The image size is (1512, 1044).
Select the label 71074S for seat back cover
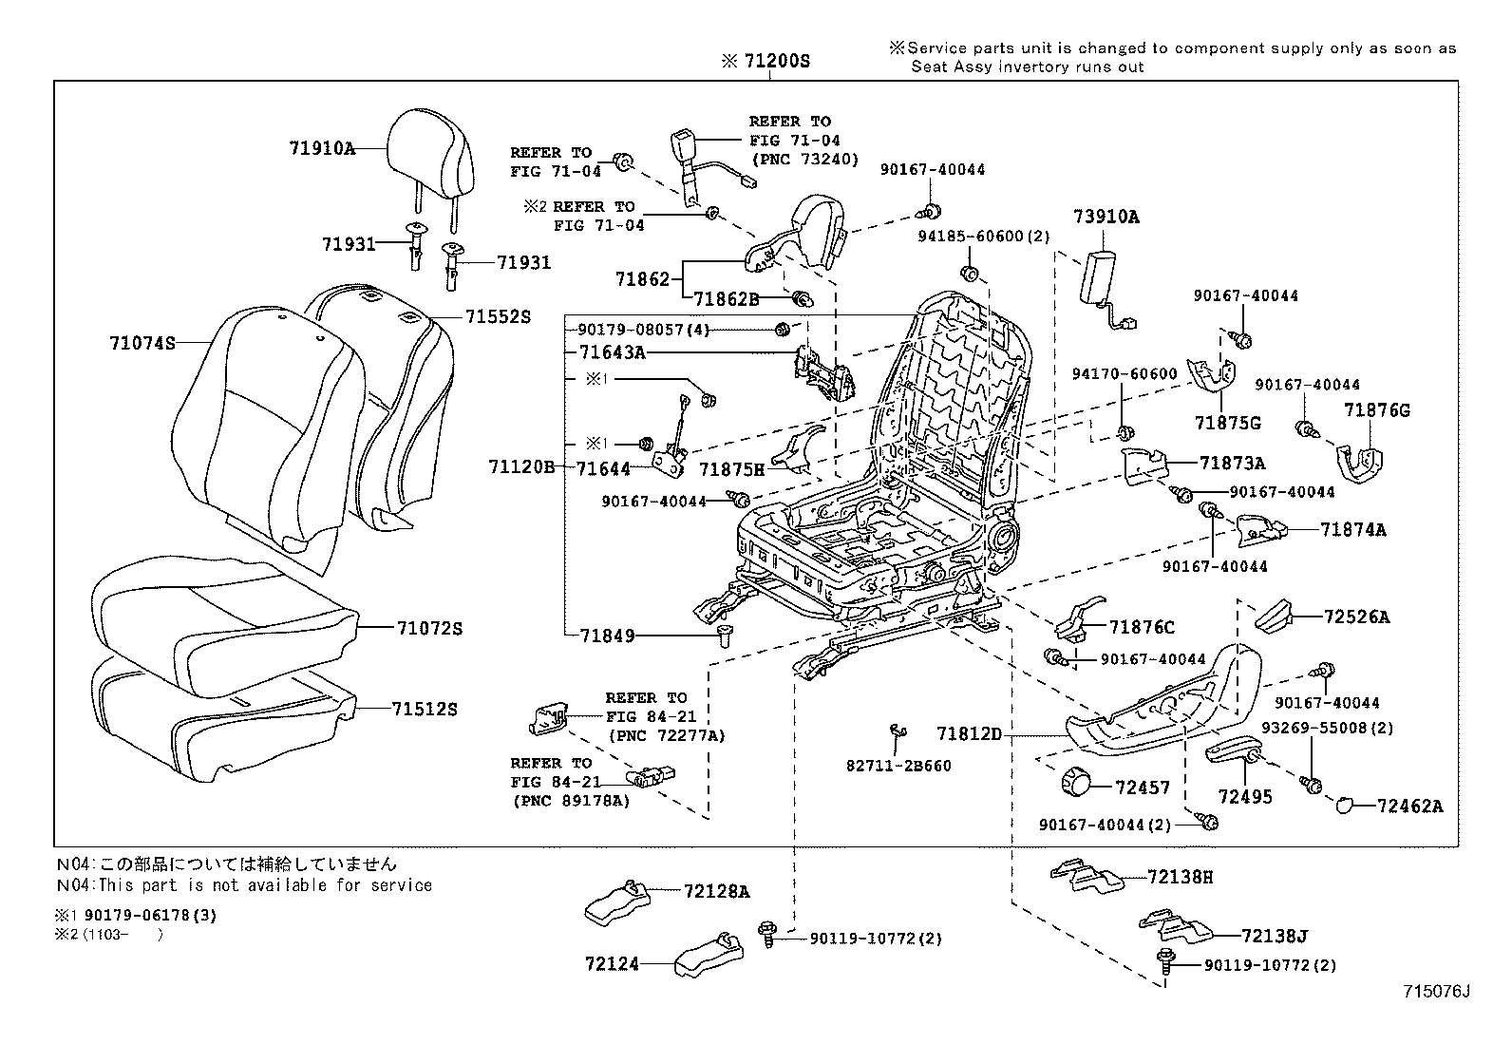(142, 343)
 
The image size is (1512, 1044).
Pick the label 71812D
(969, 733)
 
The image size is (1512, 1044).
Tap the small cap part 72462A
(1346, 806)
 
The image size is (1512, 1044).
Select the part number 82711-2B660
(898, 766)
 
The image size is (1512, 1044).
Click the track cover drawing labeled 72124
(707, 957)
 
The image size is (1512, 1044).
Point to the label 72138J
(1274, 937)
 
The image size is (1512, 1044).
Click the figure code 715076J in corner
(1436, 992)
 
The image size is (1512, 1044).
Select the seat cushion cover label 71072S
(429, 629)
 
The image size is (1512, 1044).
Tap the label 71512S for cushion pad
(425, 709)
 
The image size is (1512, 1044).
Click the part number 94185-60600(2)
(984, 237)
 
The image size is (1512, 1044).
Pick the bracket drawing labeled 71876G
(1357, 460)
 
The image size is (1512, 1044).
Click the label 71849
(607, 636)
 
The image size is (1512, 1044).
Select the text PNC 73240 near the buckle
(804, 159)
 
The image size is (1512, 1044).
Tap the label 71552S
(498, 316)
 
